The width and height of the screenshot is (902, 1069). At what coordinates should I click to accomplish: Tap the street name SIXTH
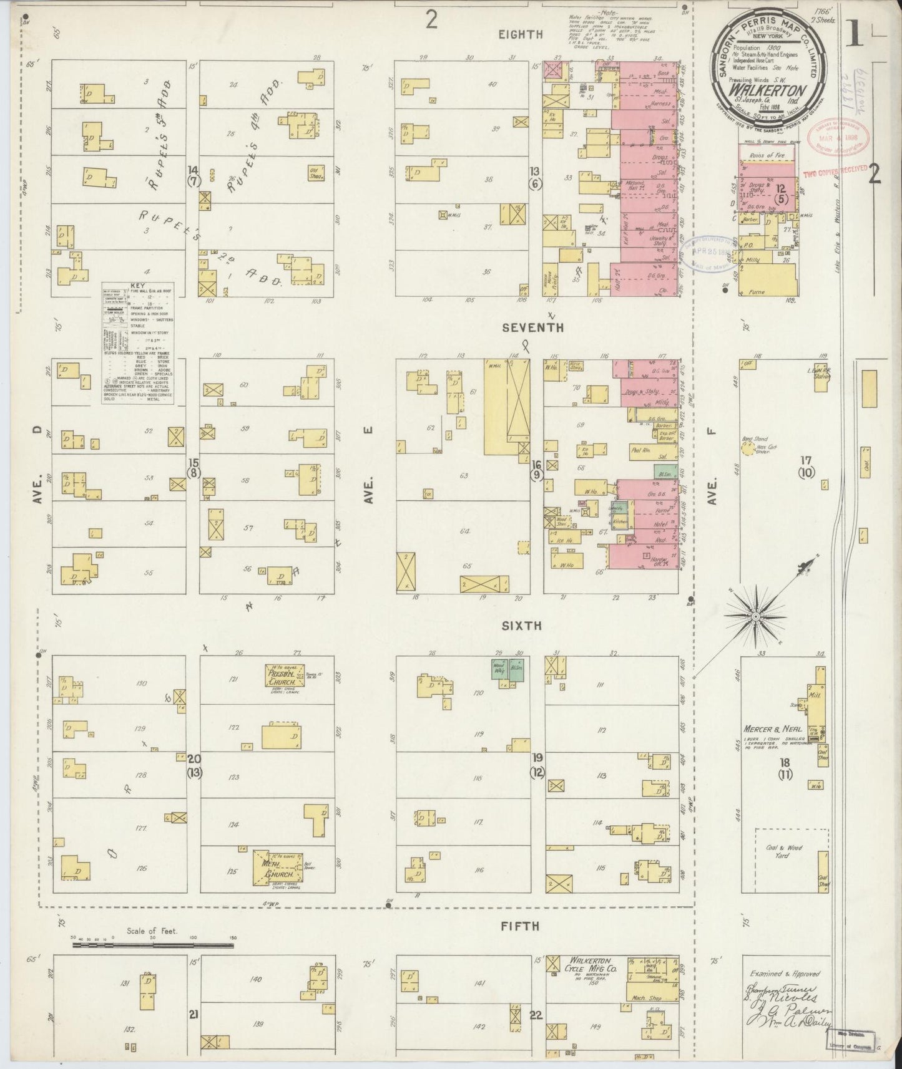525,626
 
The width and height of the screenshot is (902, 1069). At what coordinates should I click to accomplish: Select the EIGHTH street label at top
520,34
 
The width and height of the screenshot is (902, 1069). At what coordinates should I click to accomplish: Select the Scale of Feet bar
153,946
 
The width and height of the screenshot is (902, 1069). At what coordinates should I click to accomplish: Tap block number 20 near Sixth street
194,759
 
